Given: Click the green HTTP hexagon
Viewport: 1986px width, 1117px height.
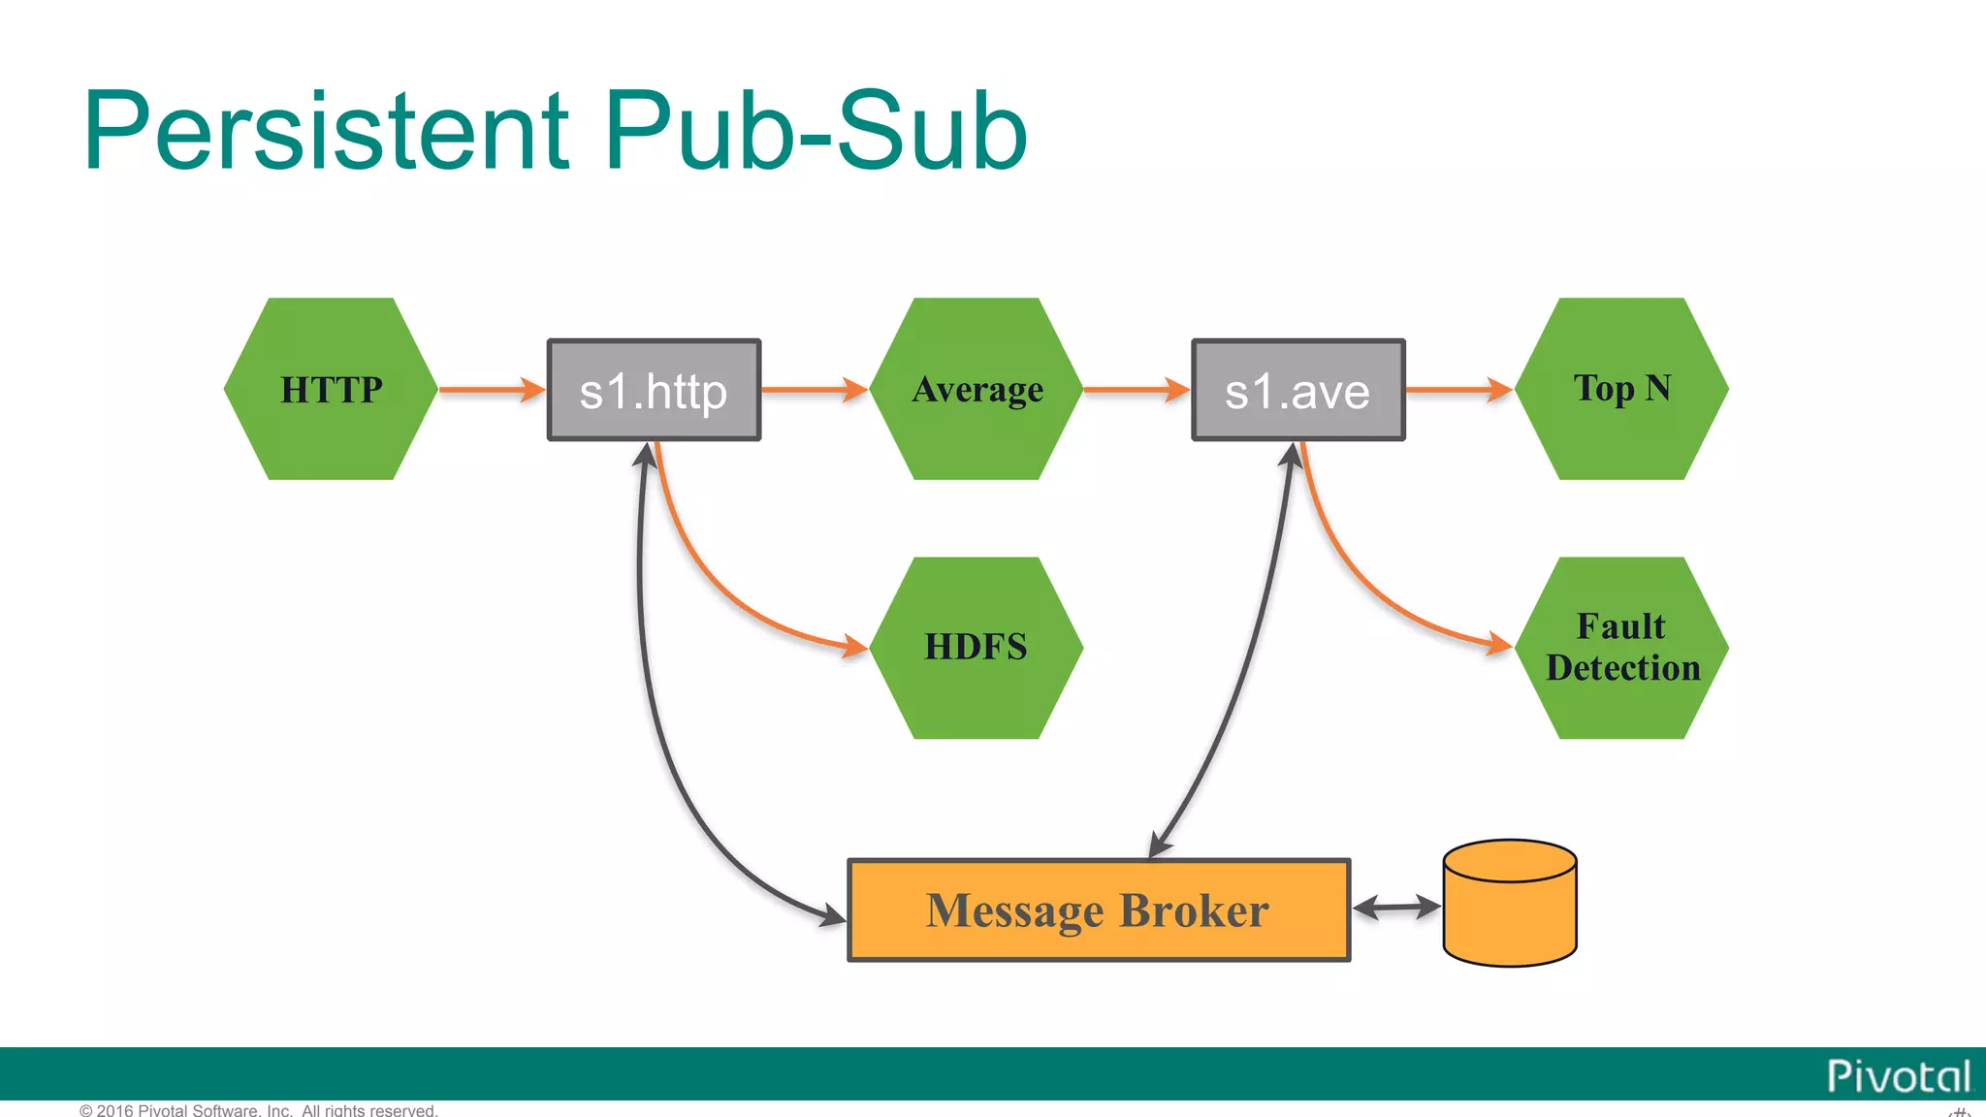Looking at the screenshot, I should pos(331,389).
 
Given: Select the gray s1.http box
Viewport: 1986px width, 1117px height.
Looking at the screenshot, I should pos(654,390).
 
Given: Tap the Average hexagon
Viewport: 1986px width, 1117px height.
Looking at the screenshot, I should pos(977,389).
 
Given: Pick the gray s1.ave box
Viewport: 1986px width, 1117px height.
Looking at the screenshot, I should pos(1297,390).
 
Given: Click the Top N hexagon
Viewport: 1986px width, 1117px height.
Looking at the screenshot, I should pos(1621,389).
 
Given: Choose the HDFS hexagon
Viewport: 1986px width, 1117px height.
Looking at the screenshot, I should pos(976,647).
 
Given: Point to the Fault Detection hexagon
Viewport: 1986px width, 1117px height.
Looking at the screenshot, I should pos(1621,647).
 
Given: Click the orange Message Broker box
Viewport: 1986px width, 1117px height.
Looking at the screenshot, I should pos(1098,910).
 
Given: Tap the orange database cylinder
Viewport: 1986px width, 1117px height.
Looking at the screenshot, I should pos(1509,904).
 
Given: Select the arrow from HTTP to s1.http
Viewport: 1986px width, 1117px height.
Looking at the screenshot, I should pos(491,390).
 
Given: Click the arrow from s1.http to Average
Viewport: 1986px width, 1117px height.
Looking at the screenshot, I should pos(814,390).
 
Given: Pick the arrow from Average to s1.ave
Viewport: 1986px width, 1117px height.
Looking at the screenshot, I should pos(1136,390).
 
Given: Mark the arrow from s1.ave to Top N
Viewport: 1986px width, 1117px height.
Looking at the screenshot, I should pos(1457,390).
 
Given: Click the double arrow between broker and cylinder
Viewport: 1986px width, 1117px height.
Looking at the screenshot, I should pos(1396,908).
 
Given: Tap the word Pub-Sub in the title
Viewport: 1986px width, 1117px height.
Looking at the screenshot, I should pos(815,131).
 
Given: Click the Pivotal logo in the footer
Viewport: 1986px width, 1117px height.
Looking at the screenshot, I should pos(1898,1076).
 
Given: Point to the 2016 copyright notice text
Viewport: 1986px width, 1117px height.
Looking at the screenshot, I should pos(259,1110).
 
